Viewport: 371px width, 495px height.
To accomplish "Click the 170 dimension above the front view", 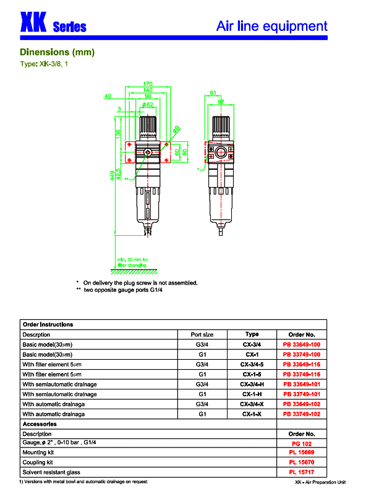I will point(148,83).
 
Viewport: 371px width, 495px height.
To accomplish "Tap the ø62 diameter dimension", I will point(148,106).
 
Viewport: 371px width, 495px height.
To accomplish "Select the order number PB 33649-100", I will point(301,344).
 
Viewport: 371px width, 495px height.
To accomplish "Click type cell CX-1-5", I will point(252,374).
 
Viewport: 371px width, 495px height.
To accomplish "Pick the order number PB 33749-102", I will point(301,414).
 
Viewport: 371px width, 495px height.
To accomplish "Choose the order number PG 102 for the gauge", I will point(301,444).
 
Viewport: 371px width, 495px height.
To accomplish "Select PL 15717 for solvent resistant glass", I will point(301,472).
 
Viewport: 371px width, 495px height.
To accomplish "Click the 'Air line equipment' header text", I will point(271,26).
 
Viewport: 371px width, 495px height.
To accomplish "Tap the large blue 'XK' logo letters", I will point(33,23).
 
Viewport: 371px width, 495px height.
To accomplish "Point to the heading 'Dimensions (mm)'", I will point(57,52).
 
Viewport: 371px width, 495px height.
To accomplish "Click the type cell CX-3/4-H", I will point(252,384).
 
